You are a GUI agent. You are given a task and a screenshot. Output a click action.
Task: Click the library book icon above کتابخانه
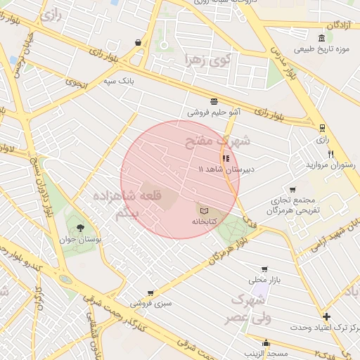click(203, 210)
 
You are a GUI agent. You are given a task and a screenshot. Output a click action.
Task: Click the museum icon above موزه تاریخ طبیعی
click(321, 38)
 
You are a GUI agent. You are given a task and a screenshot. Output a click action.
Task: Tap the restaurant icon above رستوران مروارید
click(330, 154)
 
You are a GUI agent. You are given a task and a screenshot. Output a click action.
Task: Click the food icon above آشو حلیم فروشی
click(214, 101)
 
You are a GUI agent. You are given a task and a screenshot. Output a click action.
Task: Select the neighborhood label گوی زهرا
click(207, 60)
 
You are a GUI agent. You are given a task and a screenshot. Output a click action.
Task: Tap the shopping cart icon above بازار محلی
click(264, 269)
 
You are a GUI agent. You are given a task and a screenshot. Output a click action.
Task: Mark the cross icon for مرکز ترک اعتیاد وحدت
click(326, 316)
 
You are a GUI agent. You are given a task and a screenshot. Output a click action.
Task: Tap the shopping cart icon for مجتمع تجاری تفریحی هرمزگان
click(292, 190)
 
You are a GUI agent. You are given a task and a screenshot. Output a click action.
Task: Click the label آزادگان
click(337, 25)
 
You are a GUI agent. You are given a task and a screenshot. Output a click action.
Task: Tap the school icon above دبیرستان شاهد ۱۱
click(226, 158)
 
